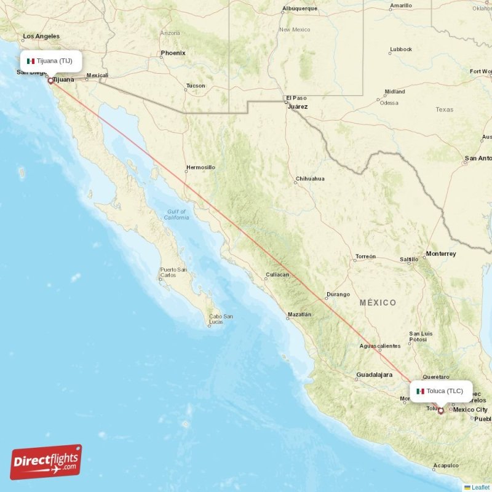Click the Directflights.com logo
click(x=46, y=462)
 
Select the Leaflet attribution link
click(x=480, y=487)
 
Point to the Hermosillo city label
click(x=200, y=167)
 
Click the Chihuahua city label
click(x=310, y=179)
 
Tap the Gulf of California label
click(x=177, y=215)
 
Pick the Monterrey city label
click(x=440, y=253)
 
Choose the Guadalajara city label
click(x=374, y=375)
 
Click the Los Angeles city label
click(x=41, y=36)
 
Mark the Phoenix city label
click(x=173, y=53)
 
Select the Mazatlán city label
click(x=299, y=315)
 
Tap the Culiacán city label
click(x=277, y=275)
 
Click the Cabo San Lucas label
click(x=220, y=319)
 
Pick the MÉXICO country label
click(x=378, y=303)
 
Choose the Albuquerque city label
click(x=300, y=9)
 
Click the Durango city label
click(x=338, y=294)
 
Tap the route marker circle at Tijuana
click(x=50, y=80)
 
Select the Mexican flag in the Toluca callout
click(x=420, y=391)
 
